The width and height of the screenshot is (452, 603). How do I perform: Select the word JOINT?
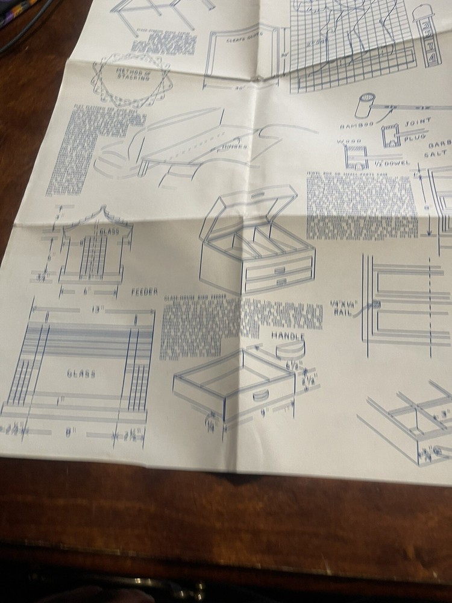(x=418, y=121)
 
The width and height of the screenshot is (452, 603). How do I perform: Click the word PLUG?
(x=415, y=137)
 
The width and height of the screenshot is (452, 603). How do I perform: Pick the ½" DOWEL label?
(x=393, y=162)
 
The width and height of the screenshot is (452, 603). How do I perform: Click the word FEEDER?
(x=145, y=291)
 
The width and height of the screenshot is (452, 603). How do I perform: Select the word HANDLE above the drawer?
(x=287, y=336)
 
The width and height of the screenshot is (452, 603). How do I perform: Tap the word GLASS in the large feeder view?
(x=81, y=374)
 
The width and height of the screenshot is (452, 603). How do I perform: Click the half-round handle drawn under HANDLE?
(x=290, y=350)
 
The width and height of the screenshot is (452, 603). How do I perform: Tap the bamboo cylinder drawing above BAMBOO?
(x=365, y=106)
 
